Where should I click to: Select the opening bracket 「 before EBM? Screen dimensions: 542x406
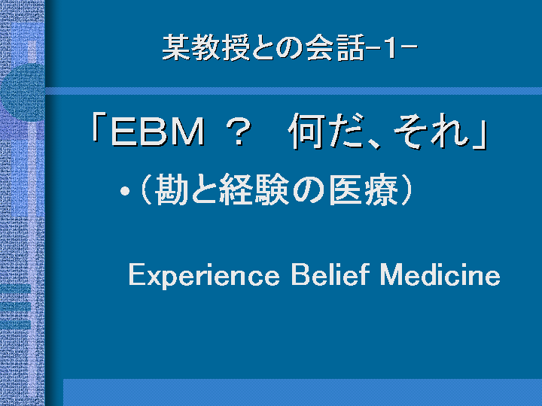tap(99, 128)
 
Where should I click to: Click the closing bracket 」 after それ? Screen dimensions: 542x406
tap(480, 135)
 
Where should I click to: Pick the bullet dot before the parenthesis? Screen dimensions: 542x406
tap(125, 191)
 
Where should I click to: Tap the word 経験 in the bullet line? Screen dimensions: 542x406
tap(254, 189)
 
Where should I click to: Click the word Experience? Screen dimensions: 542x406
tap(204, 275)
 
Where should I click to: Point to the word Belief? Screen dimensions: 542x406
tap(330, 274)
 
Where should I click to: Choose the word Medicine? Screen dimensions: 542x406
tap(440, 274)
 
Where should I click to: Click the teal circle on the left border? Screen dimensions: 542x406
tap(23, 92)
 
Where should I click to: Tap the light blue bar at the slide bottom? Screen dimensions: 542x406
tap(303, 392)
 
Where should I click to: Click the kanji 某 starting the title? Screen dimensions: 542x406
tap(176, 47)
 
